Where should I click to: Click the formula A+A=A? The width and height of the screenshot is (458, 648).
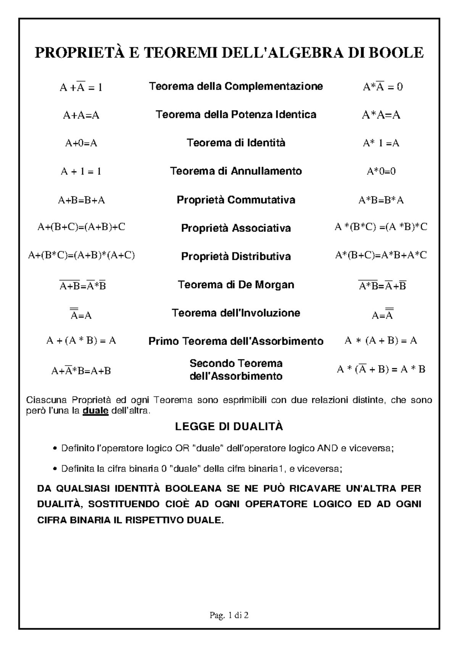(x=81, y=115)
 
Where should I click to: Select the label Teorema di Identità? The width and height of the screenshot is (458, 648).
(x=236, y=143)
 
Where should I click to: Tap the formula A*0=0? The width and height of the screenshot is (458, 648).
(x=381, y=172)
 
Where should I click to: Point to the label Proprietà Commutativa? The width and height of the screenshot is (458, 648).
(x=236, y=200)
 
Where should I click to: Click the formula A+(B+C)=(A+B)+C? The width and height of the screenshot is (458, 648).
(x=81, y=227)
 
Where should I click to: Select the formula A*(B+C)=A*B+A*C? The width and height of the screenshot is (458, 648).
(x=381, y=255)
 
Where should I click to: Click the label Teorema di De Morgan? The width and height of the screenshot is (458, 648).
(x=236, y=285)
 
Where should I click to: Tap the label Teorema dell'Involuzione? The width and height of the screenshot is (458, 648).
(x=236, y=313)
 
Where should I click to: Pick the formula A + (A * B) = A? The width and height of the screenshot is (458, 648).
(x=81, y=341)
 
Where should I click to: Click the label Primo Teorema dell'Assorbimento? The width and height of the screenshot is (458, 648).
(x=236, y=341)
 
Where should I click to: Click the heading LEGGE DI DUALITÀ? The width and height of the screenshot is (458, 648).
(x=229, y=427)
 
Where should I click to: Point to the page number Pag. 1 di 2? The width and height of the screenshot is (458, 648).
(x=229, y=615)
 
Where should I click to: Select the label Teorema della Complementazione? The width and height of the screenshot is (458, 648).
(x=236, y=87)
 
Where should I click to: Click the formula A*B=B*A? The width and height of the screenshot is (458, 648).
(x=381, y=200)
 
